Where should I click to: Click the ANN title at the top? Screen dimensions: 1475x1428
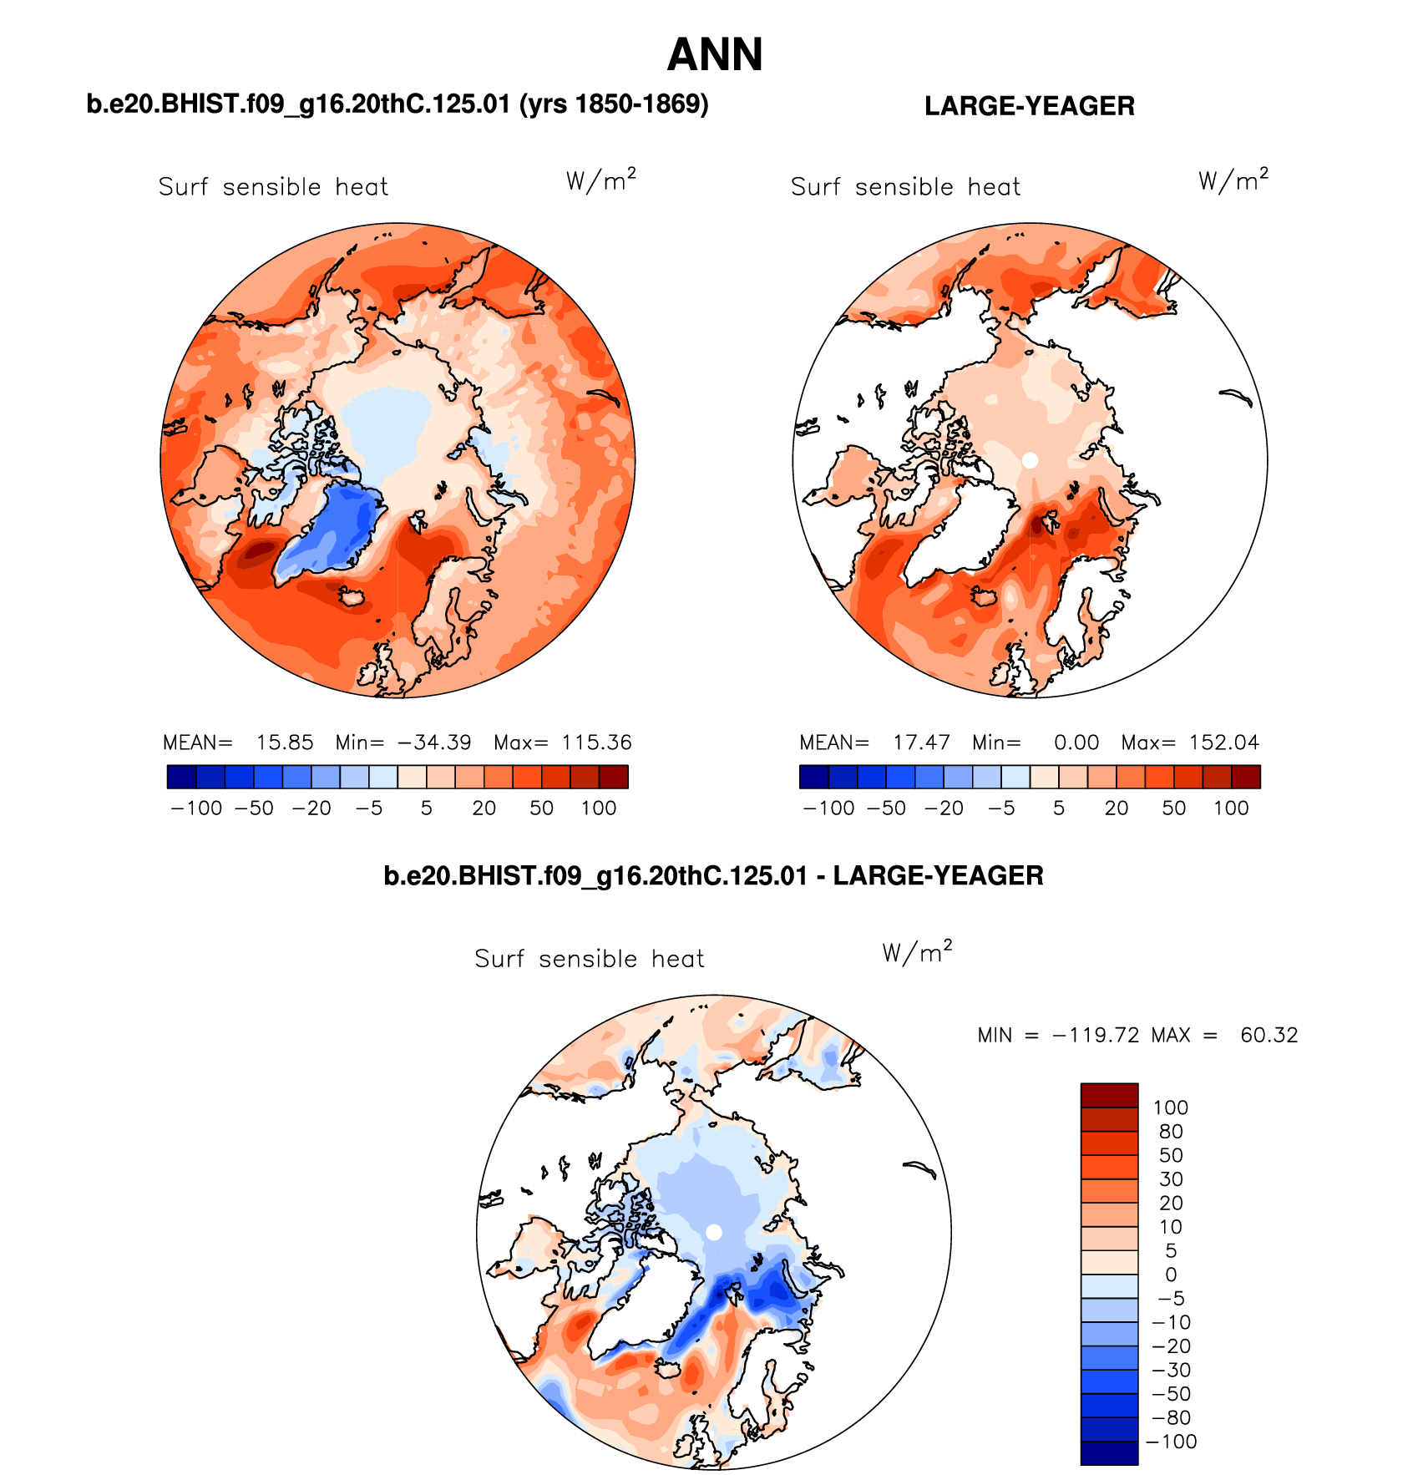pyautogui.click(x=715, y=55)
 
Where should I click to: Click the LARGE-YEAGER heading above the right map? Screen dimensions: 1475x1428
pyautogui.click(x=1029, y=106)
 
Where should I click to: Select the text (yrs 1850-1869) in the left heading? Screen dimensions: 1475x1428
pyautogui.click(x=614, y=104)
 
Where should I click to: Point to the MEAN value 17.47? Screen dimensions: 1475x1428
pyautogui.click(x=921, y=743)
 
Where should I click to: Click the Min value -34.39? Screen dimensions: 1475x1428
pyautogui.click(x=434, y=743)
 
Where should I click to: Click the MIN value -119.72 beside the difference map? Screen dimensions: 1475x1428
pyautogui.click(x=1096, y=1036)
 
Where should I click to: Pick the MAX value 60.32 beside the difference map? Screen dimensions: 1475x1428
pyautogui.click(x=1268, y=1036)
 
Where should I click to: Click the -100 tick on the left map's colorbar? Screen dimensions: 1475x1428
pyautogui.click(x=196, y=808)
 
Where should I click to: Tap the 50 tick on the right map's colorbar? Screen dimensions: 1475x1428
pyautogui.click(x=1173, y=808)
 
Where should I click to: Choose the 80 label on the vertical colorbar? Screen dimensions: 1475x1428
pyautogui.click(x=1171, y=1132)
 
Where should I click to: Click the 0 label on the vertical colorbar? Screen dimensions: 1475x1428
pyautogui.click(x=1171, y=1275)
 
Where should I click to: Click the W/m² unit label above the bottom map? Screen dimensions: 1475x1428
pyautogui.click(x=917, y=952)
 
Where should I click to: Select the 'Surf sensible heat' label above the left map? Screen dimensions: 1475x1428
pyautogui.click(x=273, y=187)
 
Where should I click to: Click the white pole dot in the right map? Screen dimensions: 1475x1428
pyautogui.click(x=1030, y=460)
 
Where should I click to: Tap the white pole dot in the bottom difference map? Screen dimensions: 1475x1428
pyautogui.click(x=714, y=1232)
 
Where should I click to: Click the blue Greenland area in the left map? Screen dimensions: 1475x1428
pyautogui.click(x=338, y=530)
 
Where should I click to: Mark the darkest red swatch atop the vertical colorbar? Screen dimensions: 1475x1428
pyautogui.click(x=1109, y=1095)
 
